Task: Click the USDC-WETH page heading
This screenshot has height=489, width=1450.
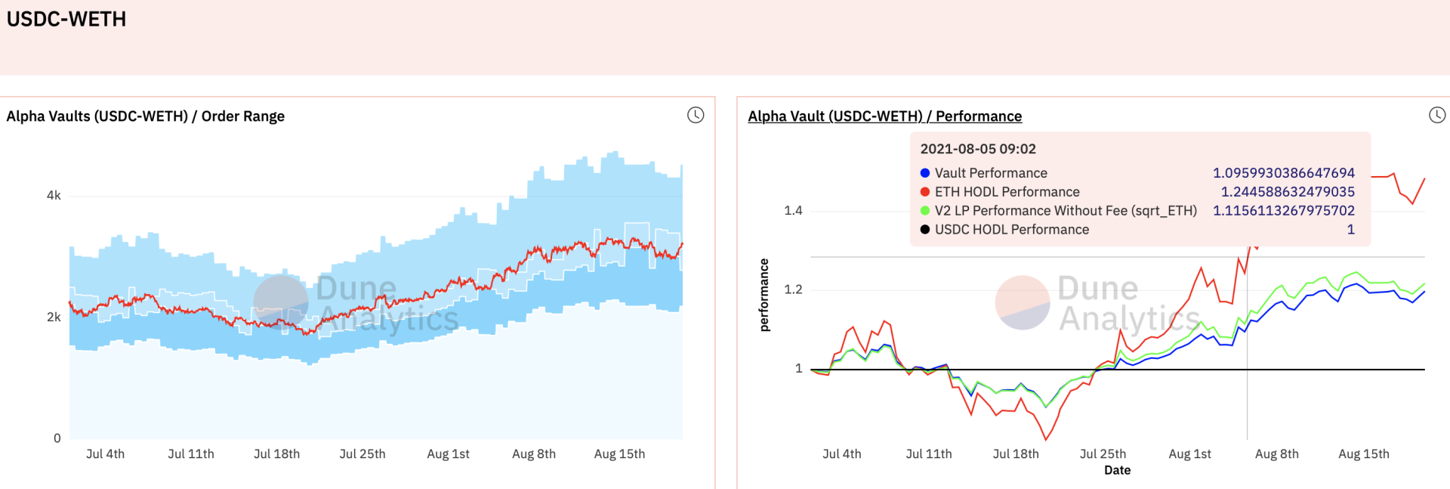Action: click(x=66, y=19)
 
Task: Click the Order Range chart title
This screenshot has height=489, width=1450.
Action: click(x=146, y=116)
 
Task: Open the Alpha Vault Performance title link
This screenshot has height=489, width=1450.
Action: click(x=884, y=116)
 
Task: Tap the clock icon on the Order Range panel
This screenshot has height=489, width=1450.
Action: click(x=696, y=115)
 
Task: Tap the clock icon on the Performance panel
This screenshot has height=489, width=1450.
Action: click(x=1437, y=115)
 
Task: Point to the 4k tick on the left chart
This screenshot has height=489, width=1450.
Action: click(x=54, y=196)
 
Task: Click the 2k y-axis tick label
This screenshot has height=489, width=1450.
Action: click(x=54, y=317)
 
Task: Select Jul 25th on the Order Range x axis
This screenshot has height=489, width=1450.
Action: click(x=362, y=454)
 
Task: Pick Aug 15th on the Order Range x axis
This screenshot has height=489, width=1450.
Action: click(x=619, y=454)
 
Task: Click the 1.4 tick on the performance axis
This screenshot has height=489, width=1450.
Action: click(x=793, y=211)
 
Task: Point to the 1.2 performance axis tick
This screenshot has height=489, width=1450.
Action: click(x=793, y=289)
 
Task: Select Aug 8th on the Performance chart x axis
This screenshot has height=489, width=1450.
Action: click(x=1277, y=454)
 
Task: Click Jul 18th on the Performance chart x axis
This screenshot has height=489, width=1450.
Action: click(x=1016, y=454)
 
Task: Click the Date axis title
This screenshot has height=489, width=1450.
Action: click(x=1118, y=470)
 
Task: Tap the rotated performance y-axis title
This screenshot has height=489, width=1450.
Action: click(x=764, y=295)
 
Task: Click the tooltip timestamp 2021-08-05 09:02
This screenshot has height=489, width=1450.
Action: click(x=978, y=150)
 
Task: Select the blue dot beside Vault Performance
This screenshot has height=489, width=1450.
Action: click(x=925, y=173)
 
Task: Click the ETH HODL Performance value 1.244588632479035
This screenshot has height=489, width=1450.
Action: click(x=1288, y=192)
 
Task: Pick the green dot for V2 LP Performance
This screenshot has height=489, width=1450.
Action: click(x=925, y=211)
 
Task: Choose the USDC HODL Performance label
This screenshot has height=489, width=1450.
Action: click(x=1012, y=230)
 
